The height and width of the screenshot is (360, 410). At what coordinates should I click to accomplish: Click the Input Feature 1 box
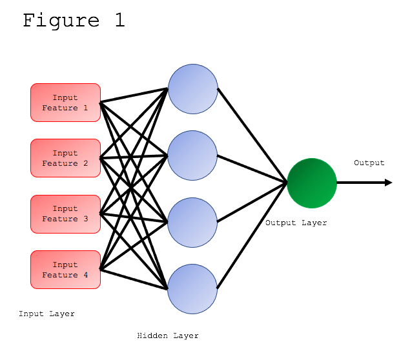pos(65,103)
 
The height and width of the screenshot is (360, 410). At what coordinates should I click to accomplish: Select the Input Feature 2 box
pos(65,158)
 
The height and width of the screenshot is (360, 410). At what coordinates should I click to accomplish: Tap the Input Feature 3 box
pos(65,214)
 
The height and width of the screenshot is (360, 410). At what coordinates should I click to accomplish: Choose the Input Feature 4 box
pos(65,270)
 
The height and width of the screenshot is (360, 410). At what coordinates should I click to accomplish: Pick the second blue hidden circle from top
pos(192,155)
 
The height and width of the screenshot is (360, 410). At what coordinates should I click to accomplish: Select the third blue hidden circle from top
pos(192,223)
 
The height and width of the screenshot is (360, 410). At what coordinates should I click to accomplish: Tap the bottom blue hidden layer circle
pos(192,289)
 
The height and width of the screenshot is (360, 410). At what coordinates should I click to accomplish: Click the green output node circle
pos(312,183)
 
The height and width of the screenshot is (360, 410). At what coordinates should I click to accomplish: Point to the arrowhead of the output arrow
pos(388,183)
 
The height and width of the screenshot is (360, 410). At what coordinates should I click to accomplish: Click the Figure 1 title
pos(74,20)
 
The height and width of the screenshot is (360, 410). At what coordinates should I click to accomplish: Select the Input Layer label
pos(46,314)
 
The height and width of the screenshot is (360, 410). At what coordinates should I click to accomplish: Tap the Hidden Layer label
pos(168,336)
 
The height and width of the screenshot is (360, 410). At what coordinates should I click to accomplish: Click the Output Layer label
pos(296,223)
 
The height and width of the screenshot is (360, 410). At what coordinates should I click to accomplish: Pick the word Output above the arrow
pos(369,163)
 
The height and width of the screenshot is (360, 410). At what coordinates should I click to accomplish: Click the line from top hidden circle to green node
pos(252,135)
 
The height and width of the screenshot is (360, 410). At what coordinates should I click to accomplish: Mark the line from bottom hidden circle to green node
pos(252,235)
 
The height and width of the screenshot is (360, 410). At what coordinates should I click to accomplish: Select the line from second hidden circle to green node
pos(252,169)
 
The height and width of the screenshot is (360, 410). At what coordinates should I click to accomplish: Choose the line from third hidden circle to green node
pos(252,203)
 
